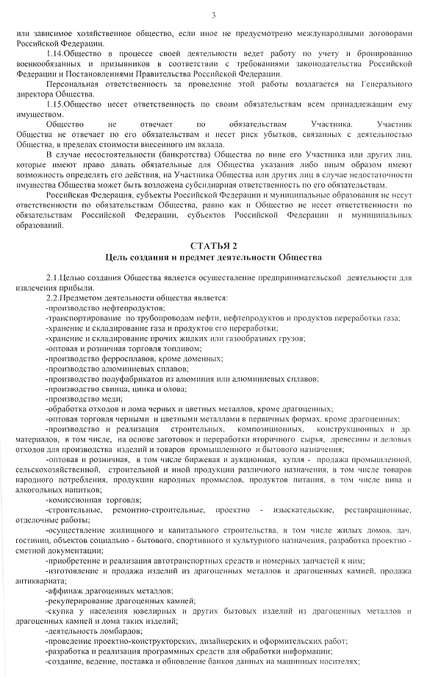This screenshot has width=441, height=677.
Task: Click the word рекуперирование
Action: [x=79, y=601]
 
